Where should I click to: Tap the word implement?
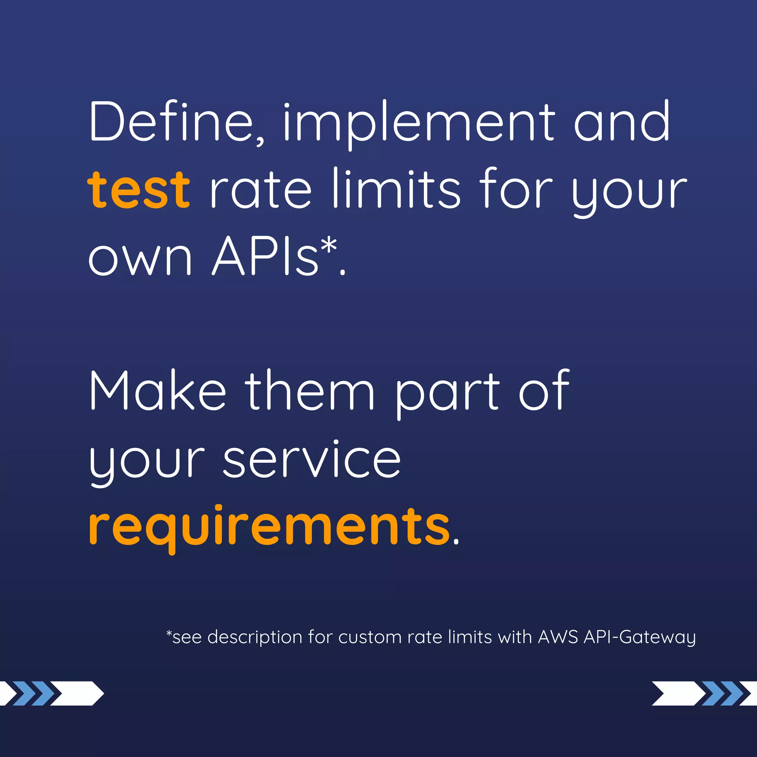tap(418, 123)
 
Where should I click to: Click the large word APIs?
tap(265, 257)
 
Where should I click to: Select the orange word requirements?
tap(269, 527)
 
